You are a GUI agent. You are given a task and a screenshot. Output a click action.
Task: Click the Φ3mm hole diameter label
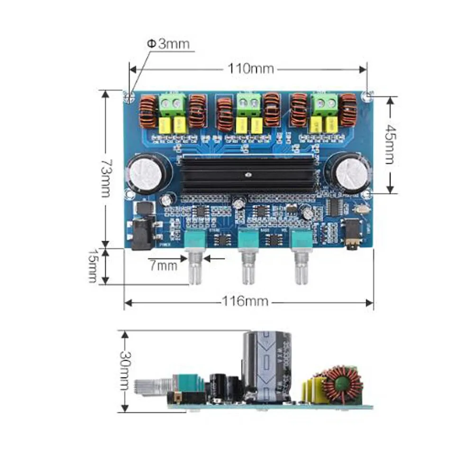point(168,44)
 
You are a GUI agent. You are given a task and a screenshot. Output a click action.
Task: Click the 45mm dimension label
point(389,144)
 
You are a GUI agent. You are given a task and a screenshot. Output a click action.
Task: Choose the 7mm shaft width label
point(164,265)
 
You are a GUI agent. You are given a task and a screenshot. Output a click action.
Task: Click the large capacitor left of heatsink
point(146,173)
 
